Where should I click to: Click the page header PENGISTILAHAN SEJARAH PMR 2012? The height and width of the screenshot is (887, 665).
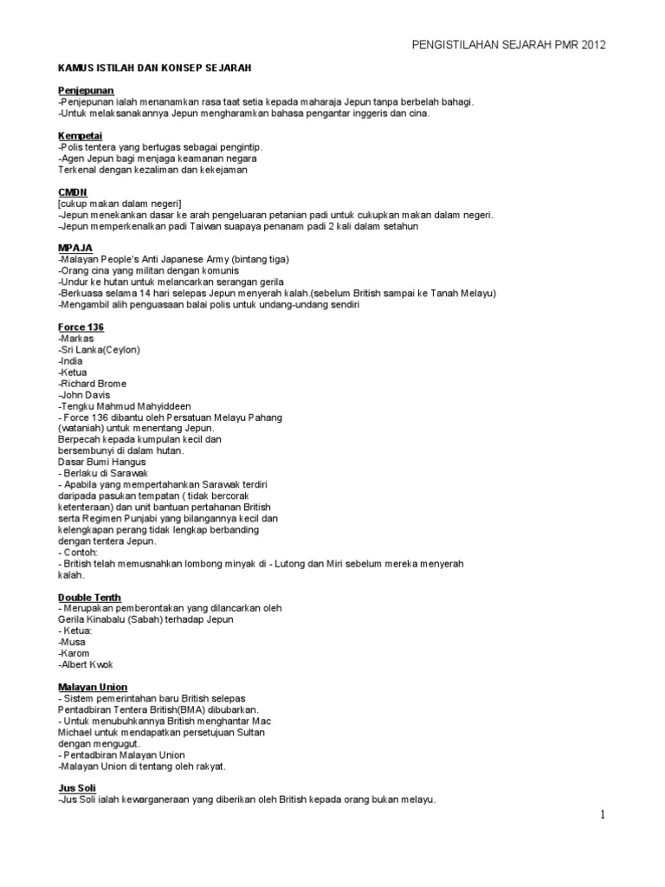point(508,45)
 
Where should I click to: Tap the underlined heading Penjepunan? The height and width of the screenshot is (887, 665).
point(86,90)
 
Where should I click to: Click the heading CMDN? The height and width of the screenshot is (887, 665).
point(72,191)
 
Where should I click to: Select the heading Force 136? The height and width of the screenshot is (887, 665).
point(81,327)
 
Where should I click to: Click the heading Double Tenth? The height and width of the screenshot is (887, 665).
point(89,598)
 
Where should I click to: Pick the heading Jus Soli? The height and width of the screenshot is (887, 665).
point(77,788)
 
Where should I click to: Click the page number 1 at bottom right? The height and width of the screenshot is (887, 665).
point(604,814)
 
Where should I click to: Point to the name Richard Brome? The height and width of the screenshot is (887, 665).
point(93,384)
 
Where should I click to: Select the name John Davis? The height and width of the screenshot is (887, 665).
point(85,395)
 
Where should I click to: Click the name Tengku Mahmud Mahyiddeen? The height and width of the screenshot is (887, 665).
point(125,406)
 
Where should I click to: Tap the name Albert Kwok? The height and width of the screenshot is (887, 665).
point(86,664)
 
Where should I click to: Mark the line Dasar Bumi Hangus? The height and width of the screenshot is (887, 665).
point(102,463)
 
